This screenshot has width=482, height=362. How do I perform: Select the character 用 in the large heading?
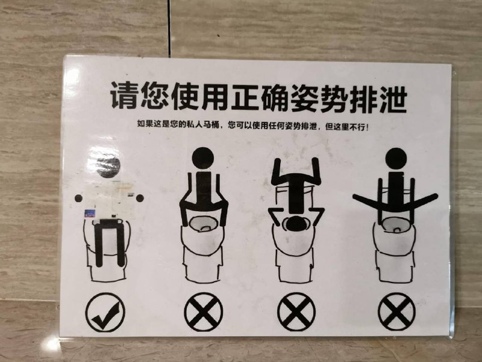[214, 96]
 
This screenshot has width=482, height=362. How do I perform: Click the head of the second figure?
[203, 158]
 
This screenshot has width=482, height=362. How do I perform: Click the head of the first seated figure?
[108, 167]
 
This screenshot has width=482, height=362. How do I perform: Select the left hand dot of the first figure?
[78, 198]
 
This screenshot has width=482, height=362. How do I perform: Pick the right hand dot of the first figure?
[140, 198]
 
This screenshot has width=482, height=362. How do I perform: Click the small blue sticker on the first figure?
[89, 214]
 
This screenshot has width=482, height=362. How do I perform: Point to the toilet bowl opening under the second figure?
[204, 224]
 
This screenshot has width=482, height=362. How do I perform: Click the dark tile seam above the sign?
[169, 28]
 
